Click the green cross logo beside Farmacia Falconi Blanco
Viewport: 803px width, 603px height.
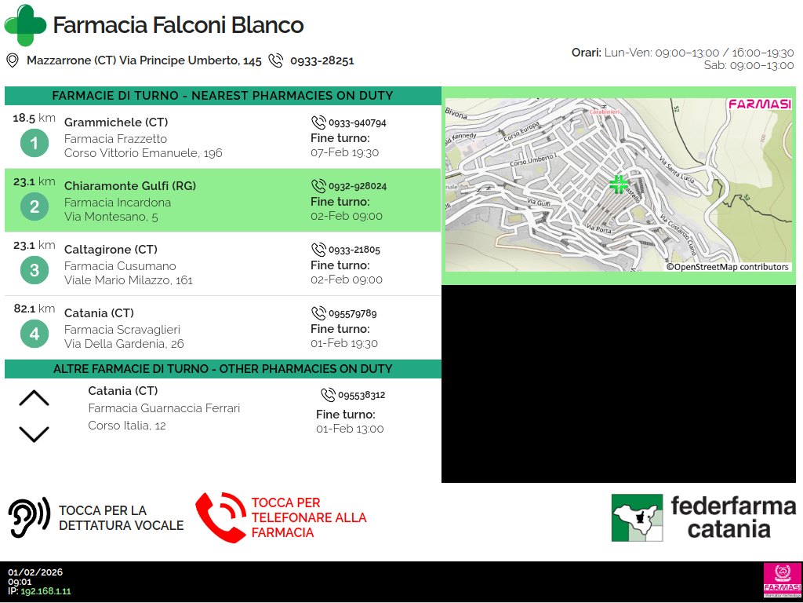click(x=25, y=25)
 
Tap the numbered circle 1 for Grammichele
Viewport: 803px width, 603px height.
click(x=35, y=143)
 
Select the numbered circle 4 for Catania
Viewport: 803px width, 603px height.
click(x=35, y=334)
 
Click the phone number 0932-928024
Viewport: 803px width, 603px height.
click(x=358, y=186)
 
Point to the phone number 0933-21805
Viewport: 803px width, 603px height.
click(x=354, y=250)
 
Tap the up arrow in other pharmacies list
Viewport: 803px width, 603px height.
click(x=34, y=398)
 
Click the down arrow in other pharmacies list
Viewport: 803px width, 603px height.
click(x=34, y=433)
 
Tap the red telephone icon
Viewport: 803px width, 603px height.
click(x=220, y=517)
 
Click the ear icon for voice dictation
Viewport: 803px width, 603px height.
click(x=29, y=517)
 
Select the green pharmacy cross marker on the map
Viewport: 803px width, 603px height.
click(x=619, y=185)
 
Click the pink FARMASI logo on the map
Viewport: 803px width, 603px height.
click(x=760, y=104)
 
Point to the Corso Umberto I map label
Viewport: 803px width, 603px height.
click(x=532, y=159)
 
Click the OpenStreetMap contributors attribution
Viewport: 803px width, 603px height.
click(x=728, y=267)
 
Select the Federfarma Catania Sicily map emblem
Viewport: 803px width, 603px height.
click(x=637, y=517)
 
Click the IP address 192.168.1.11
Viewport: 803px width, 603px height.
click(x=45, y=591)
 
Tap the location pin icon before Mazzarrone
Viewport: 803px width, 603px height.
click(x=13, y=60)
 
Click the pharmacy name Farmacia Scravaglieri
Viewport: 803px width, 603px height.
click(x=122, y=330)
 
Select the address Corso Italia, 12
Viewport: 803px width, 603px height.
click(x=127, y=426)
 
